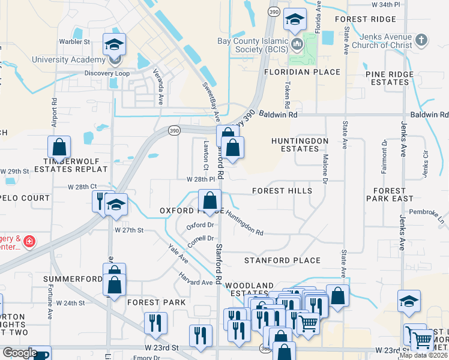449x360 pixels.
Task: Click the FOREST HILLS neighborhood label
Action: pyautogui.click(x=282, y=191)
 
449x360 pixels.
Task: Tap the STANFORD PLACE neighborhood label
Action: pyautogui.click(x=282, y=260)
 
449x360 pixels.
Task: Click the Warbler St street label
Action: pyautogui.click(x=74, y=42)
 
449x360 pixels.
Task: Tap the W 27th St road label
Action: pyautogui.click(x=129, y=230)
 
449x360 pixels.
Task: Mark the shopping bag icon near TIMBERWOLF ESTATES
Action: pyautogui.click(x=59, y=146)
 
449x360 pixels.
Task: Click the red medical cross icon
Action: pyautogui.click(x=29, y=242)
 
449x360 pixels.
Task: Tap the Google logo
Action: pyautogui.click(x=20, y=353)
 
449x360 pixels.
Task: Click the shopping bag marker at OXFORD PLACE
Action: pyautogui.click(x=210, y=200)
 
